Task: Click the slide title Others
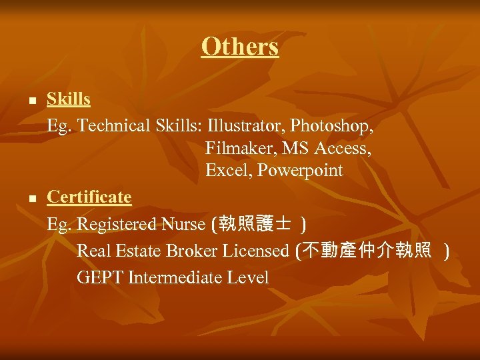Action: [239, 47]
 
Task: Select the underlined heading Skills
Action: [69, 99]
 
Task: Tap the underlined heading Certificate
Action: [89, 197]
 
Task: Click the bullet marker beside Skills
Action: [31, 101]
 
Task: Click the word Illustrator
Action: [246, 126]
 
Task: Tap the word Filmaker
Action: [235, 149]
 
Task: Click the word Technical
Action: [114, 126]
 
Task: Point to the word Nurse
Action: [183, 224]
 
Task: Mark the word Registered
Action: [117, 224]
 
